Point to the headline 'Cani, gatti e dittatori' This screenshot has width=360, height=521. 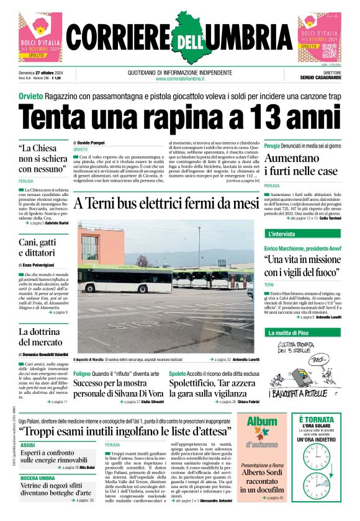[x=38, y=247]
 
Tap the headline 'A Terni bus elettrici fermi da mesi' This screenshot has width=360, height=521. [x=166, y=203]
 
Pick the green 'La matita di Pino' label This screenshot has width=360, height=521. [x=288, y=333]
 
